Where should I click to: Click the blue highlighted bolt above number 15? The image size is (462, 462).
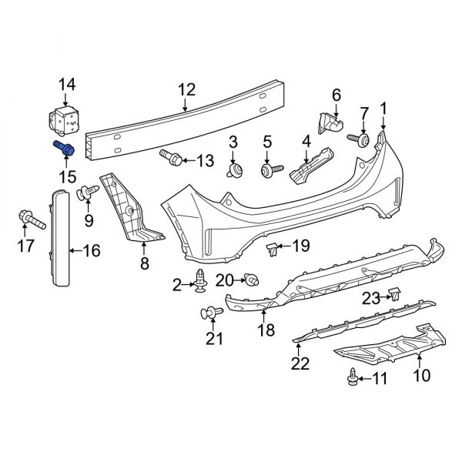[63, 149]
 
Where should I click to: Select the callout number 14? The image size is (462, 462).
[68, 84]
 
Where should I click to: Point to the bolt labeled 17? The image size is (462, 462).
[32, 222]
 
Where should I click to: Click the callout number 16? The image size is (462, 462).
[91, 249]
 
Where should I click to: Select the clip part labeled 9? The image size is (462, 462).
[86, 192]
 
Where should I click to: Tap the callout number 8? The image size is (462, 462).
[144, 264]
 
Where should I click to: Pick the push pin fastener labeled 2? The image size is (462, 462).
[202, 283]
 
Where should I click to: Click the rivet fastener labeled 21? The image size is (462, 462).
[209, 313]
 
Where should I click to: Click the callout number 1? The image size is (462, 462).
[383, 109]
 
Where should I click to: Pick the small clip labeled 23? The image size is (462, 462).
[394, 293]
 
